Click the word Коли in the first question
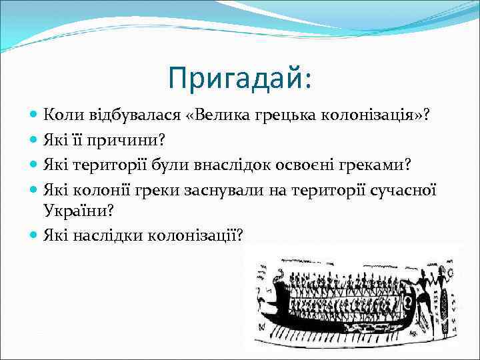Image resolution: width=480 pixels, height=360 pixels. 60,115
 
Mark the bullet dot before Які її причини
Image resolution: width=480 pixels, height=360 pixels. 34,139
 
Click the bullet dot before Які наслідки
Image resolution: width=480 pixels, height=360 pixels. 34,235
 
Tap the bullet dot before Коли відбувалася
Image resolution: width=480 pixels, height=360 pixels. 34,115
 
